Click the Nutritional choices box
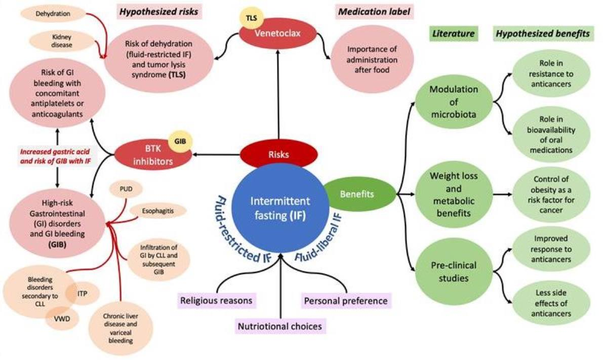(x=280, y=327)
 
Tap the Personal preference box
(x=346, y=301)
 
